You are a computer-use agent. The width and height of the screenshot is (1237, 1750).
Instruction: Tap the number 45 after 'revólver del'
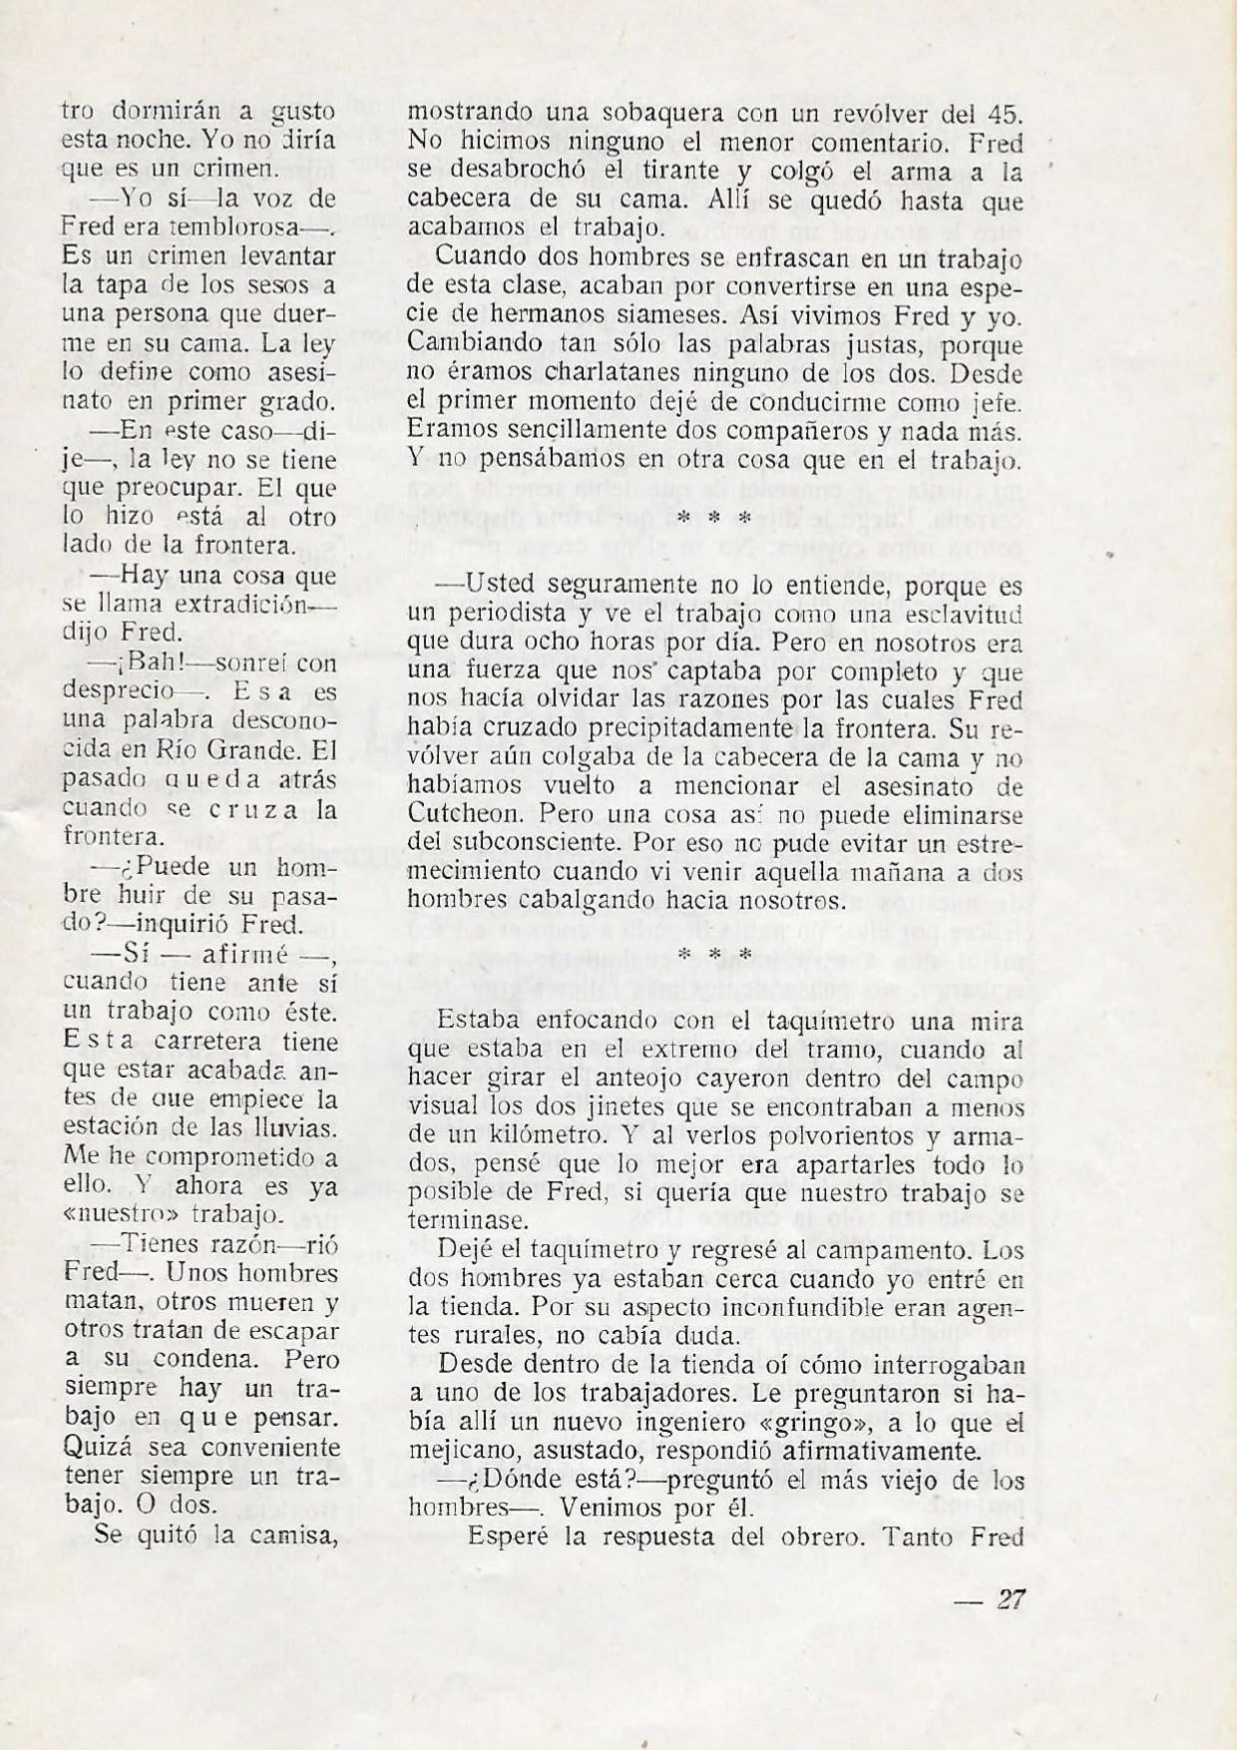pyautogui.click(x=1004, y=113)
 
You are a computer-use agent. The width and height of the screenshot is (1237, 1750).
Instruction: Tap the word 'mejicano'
pyautogui.click(x=468, y=1452)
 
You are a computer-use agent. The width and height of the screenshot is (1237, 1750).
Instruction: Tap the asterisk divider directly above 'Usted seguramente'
pyautogui.click(x=713, y=519)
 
